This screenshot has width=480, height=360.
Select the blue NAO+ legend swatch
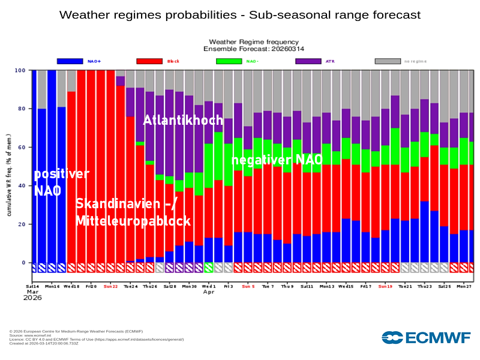point(70,61)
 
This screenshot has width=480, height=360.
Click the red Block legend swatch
point(149,61)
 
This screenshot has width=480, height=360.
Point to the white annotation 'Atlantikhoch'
point(182,121)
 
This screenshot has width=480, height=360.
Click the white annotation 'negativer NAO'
point(277,160)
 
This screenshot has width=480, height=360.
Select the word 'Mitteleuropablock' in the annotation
point(133,221)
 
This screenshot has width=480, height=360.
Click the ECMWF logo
point(426,338)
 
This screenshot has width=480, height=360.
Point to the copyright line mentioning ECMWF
point(76,331)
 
